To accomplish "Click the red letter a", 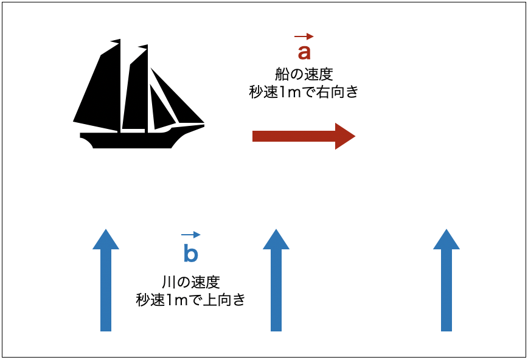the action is coord(304,52).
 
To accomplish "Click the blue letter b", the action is coord(190,252).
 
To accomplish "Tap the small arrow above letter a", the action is coord(304,36).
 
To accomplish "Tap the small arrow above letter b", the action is coord(190,235).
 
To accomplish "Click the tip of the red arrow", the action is coord(355,136).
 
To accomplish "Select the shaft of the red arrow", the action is coord(294,136).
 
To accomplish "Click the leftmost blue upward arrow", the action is coord(106,280).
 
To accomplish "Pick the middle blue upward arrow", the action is coord(276,280).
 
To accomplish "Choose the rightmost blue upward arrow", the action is coord(446,280).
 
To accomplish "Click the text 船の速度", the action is coord(304,74).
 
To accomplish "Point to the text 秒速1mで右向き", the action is coord(304,92).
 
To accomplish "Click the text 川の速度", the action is coord(191,282).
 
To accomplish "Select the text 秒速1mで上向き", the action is coord(190,299).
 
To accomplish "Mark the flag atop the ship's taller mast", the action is coord(116,41).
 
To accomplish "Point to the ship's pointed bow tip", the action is coord(203,125).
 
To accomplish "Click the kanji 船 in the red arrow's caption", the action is coord(282,74).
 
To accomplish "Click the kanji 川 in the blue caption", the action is coord(168,282).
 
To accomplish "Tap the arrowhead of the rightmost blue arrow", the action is coord(446,240).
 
